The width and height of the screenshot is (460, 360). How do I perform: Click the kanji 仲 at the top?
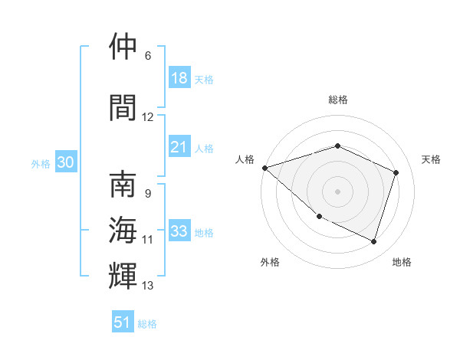tap(123, 47)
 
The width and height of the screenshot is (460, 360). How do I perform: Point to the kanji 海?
tap(123, 229)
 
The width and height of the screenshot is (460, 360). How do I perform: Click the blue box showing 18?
tap(179, 78)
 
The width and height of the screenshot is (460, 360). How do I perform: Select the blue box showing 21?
tap(179, 147)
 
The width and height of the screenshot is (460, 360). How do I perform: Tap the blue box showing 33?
tap(179, 231)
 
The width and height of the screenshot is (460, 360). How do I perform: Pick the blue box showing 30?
tap(65, 162)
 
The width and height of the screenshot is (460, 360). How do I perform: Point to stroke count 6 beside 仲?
tap(148, 56)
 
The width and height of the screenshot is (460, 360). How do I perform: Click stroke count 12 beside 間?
tap(148, 117)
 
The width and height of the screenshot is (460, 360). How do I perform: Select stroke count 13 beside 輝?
tap(148, 286)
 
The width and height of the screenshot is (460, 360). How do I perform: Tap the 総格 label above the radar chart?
tap(337, 100)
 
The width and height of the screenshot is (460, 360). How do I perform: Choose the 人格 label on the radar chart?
tap(245, 159)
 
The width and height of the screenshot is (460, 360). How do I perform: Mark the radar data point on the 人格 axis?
tap(264, 168)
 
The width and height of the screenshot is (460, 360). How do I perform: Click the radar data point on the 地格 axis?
tap(374, 242)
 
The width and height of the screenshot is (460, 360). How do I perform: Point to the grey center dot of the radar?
tap(337, 191)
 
